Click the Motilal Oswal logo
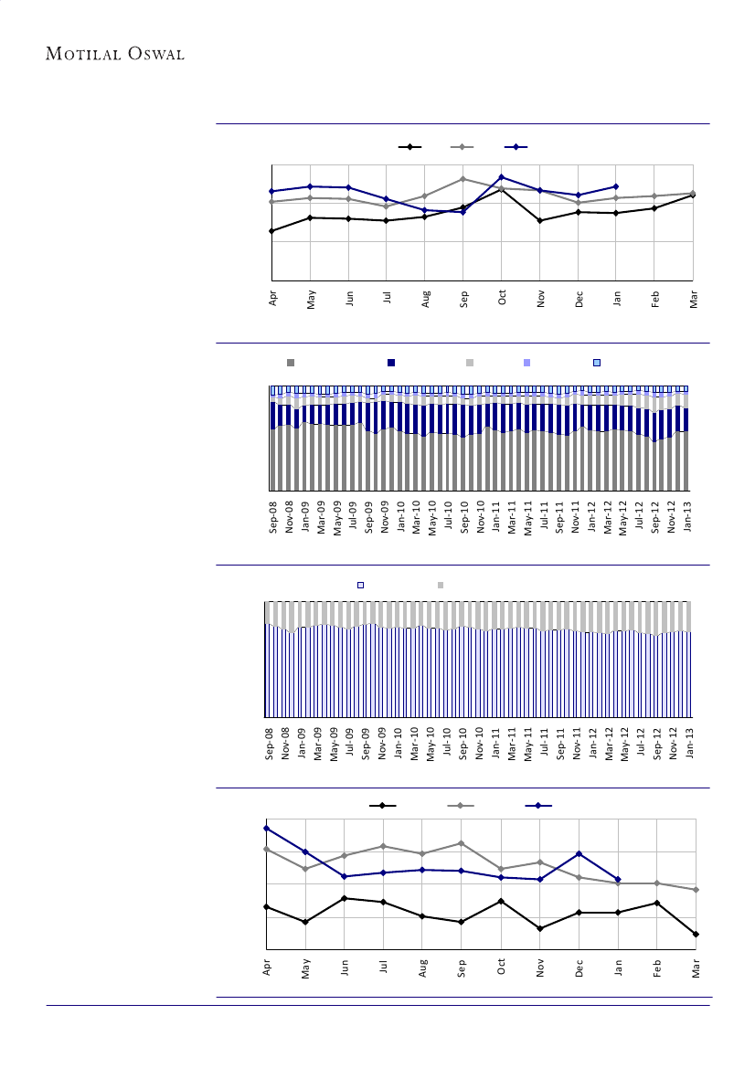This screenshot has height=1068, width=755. (115, 54)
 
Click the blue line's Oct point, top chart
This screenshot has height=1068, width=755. (502, 176)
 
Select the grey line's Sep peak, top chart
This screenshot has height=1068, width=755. (463, 179)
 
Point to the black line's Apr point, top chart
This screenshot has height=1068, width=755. (272, 231)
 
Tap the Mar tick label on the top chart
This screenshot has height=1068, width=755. (694, 299)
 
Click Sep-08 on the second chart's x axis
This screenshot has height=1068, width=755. (273, 515)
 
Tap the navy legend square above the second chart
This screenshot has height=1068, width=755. (391, 363)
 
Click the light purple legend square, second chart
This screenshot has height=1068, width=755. (526, 363)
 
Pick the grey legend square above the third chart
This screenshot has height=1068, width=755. (441, 585)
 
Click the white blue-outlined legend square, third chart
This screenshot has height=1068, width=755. (360, 585)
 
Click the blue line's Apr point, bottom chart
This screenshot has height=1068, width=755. (267, 828)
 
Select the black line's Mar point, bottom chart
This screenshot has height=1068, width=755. (697, 934)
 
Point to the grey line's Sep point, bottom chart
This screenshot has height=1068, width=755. (462, 843)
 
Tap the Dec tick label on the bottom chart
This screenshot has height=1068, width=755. (579, 967)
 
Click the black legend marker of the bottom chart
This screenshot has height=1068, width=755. (382, 805)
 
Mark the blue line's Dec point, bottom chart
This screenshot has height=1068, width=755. (579, 853)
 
